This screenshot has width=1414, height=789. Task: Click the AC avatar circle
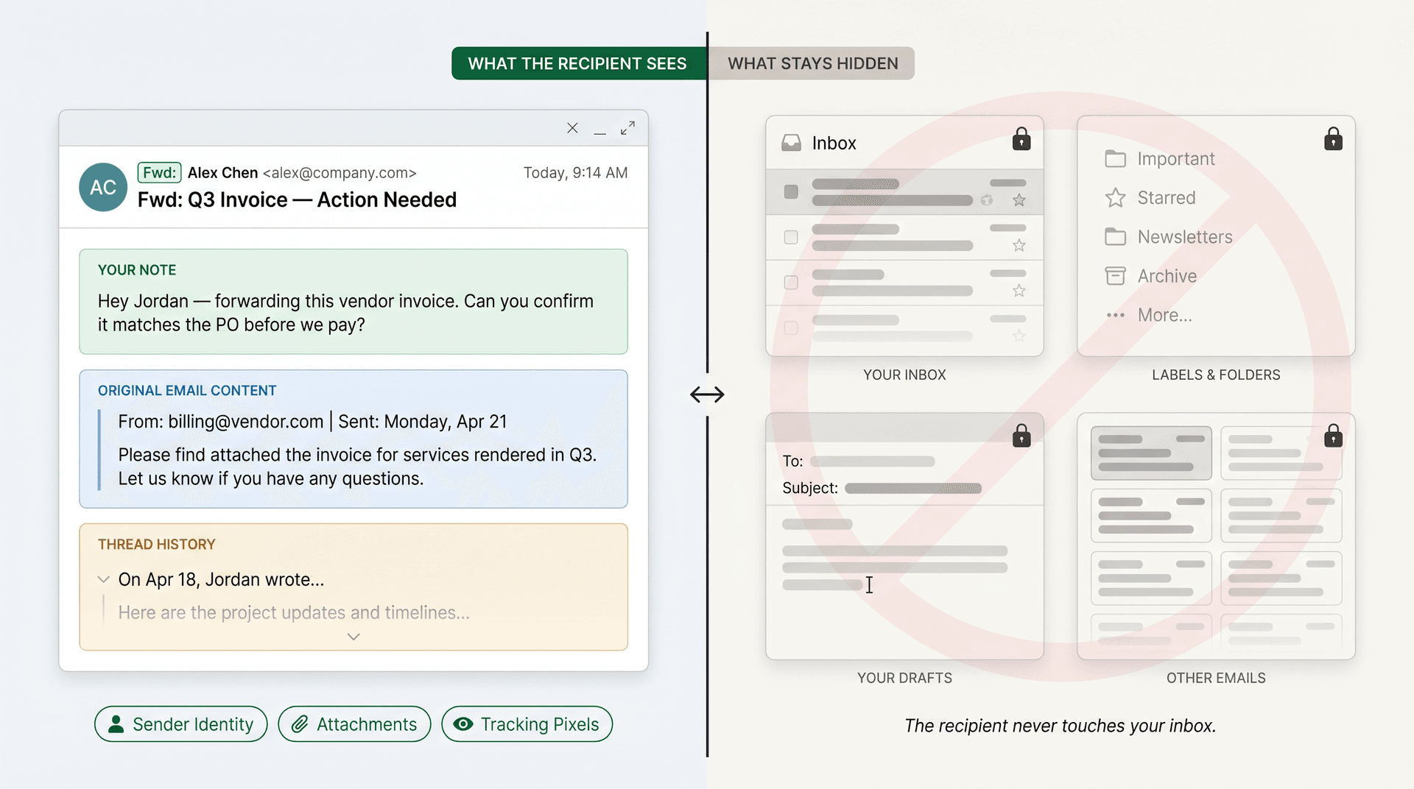pyautogui.click(x=103, y=187)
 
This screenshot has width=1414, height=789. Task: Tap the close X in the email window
pyautogui.click(x=572, y=128)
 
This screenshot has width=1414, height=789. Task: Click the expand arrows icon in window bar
pyautogui.click(x=627, y=128)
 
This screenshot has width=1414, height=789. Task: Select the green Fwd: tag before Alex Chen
pyautogui.click(x=159, y=173)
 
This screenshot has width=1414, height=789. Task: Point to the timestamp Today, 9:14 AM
pyautogui.click(x=575, y=173)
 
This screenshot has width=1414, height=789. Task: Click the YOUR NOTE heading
pyautogui.click(x=137, y=270)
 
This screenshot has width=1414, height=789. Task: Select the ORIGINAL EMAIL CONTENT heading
pyautogui.click(x=187, y=391)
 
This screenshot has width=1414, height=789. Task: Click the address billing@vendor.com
pyautogui.click(x=245, y=422)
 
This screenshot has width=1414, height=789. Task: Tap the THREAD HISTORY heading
pyautogui.click(x=156, y=545)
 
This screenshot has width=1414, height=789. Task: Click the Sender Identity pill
pyautogui.click(x=180, y=724)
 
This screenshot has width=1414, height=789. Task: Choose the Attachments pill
pyautogui.click(x=354, y=724)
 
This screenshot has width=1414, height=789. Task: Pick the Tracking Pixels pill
pyautogui.click(x=527, y=724)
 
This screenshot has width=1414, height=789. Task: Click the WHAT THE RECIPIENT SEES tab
pyautogui.click(x=577, y=64)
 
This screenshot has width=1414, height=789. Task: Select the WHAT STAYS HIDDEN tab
pyautogui.click(x=812, y=64)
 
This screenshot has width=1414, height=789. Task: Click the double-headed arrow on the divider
pyautogui.click(x=707, y=394)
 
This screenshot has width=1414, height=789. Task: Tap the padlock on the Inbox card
pyautogui.click(x=1021, y=139)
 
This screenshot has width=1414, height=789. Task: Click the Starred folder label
pyautogui.click(x=1166, y=198)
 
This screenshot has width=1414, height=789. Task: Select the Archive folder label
pyautogui.click(x=1167, y=276)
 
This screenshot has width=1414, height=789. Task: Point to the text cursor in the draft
pyautogui.click(x=869, y=585)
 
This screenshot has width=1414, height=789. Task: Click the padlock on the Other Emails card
pyautogui.click(x=1333, y=436)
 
